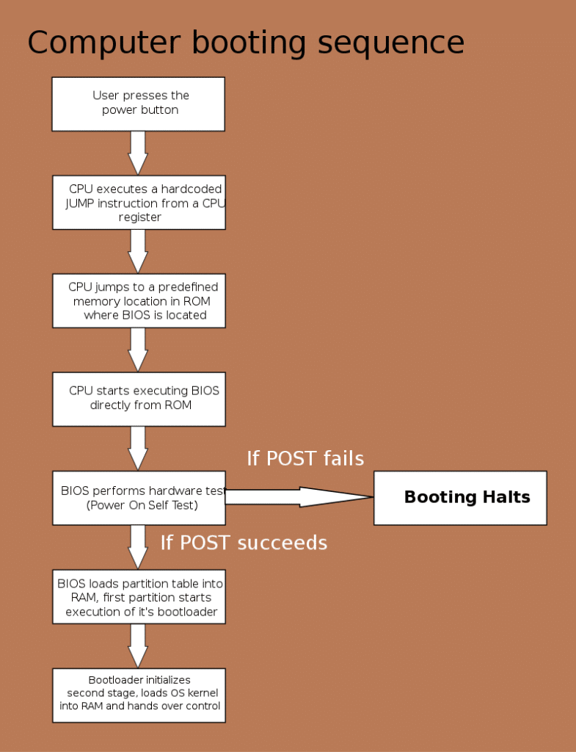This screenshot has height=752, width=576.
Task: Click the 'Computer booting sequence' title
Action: click(246, 43)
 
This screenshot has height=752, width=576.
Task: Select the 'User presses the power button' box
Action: click(139, 104)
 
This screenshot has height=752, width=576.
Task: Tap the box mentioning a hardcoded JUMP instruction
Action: click(139, 203)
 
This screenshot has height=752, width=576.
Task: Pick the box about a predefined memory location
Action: click(139, 300)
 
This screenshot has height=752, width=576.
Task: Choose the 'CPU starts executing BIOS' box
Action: click(139, 399)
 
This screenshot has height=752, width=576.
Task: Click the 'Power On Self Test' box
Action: click(139, 498)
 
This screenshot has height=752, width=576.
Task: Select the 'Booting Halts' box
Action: click(460, 498)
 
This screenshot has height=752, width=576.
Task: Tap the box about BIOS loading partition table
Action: click(139, 596)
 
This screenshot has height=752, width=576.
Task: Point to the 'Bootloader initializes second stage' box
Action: click(139, 695)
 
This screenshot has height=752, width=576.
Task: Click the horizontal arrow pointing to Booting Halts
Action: click(299, 497)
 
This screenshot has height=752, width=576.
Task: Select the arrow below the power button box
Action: click(138, 153)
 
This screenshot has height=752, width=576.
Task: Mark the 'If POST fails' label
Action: click(305, 458)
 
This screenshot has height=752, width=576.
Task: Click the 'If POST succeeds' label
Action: click(244, 543)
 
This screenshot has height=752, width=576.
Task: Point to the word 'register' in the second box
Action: click(140, 217)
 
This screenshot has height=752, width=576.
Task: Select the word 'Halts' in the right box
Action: click(506, 497)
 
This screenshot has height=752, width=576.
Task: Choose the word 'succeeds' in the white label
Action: click(282, 543)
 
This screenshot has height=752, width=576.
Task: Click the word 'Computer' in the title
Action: click(104, 43)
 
